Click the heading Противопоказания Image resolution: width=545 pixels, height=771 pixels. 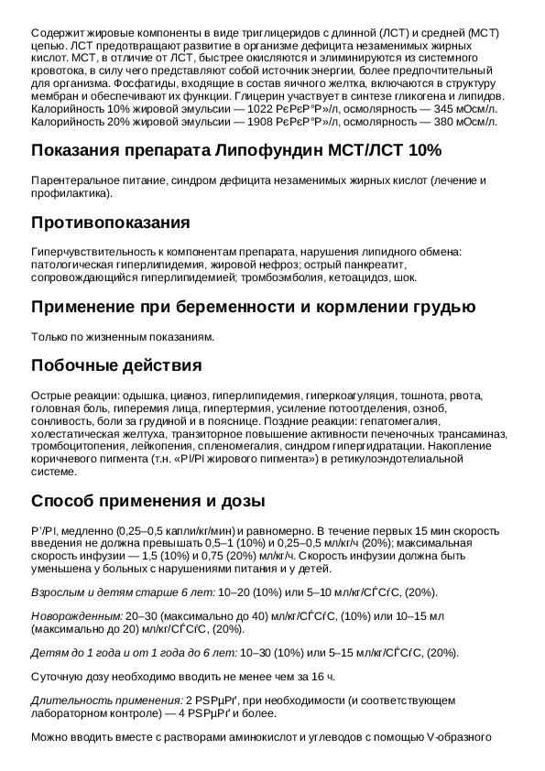pos(111,223)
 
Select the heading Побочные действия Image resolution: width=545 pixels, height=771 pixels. pos(116,366)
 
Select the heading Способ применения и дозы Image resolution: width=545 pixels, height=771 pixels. pos(148,502)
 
